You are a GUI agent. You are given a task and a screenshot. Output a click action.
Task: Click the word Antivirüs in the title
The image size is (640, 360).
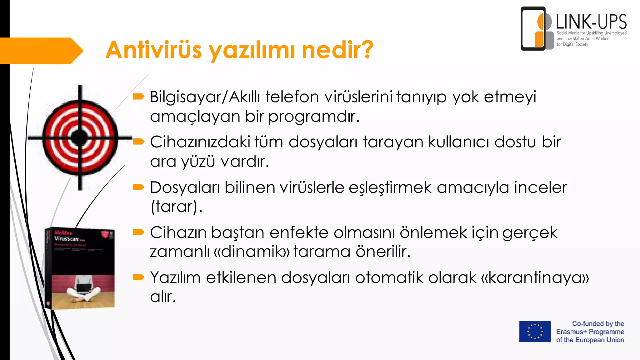[x=153, y=50]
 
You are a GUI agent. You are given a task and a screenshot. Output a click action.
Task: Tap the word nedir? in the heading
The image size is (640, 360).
[x=337, y=50]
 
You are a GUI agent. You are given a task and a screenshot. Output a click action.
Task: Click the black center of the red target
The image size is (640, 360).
[x=80, y=137]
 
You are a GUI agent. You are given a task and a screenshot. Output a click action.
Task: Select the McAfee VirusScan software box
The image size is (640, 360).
[x=80, y=268]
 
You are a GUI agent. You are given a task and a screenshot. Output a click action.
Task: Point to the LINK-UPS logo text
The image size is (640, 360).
[x=591, y=22]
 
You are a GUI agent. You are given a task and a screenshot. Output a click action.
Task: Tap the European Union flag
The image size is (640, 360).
[x=535, y=332]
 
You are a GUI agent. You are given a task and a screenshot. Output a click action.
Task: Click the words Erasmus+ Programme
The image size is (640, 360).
[x=590, y=332]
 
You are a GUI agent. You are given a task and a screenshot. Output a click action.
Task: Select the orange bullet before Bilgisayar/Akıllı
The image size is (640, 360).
[x=138, y=97]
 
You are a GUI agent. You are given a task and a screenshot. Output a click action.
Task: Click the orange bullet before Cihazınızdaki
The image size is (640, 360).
[x=138, y=142]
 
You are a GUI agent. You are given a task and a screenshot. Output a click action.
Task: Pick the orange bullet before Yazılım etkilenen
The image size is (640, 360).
[x=138, y=277]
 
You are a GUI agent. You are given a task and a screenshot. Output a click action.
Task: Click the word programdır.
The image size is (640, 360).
[x=314, y=117]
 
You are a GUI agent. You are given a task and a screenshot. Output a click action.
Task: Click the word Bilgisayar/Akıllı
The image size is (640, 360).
[x=205, y=97]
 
